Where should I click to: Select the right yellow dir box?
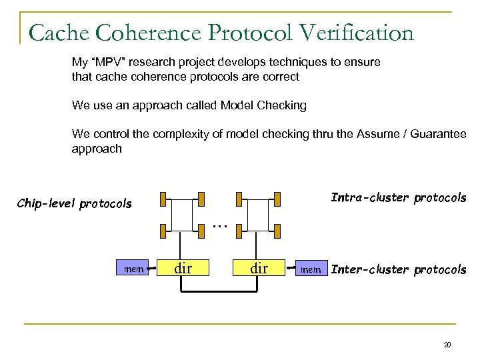259,269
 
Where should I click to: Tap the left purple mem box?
134,269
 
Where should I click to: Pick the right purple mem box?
311,270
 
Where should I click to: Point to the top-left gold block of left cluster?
163,197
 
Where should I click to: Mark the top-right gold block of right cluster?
274,197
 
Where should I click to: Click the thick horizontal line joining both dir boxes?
221,293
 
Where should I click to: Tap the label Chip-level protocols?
74,203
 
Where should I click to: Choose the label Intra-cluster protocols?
399,198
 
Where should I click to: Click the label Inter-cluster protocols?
399,270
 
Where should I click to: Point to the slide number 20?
447,345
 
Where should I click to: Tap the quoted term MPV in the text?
102,62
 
